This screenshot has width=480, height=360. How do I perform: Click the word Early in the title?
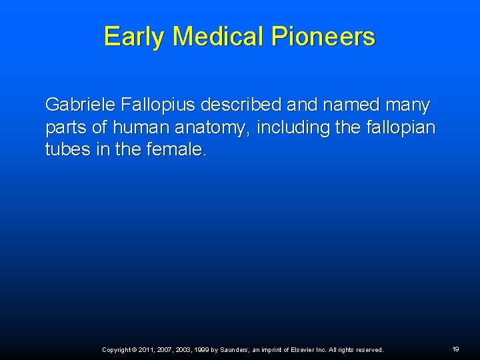[134, 36]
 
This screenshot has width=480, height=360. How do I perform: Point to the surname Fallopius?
[157, 105]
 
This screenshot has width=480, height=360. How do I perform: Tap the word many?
[409, 106]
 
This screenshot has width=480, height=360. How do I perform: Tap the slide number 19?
[455, 349]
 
